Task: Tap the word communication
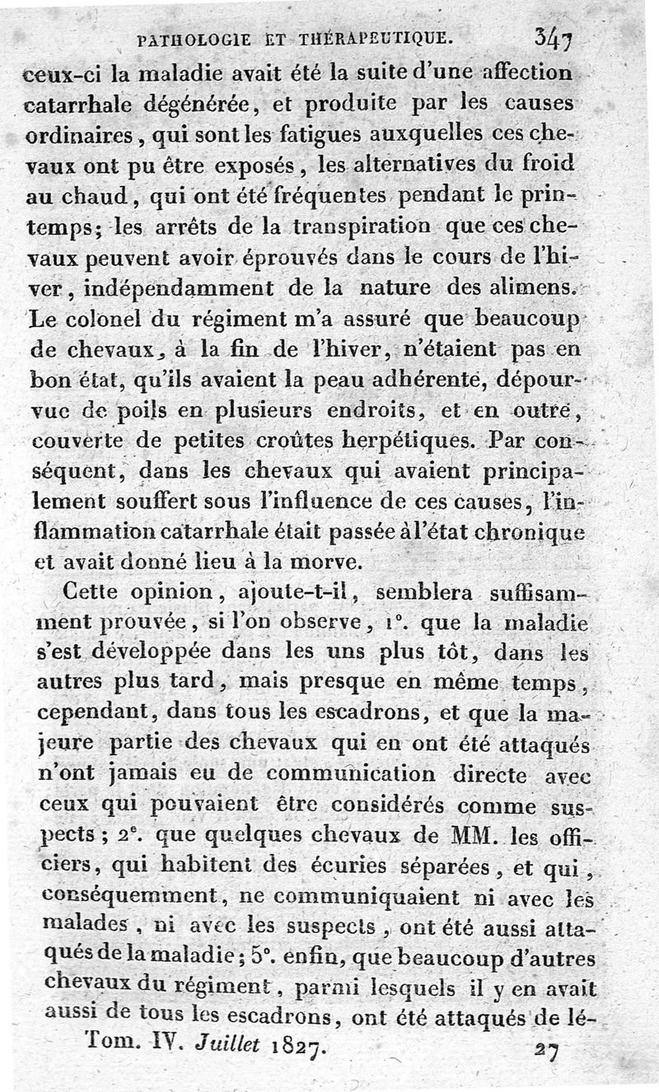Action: (x=350, y=775)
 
